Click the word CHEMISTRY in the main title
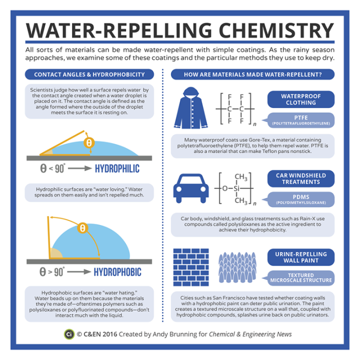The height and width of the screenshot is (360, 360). click(x=276, y=30)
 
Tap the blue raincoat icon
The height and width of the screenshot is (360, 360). click(x=191, y=107)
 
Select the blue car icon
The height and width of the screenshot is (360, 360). click(x=191, y=188)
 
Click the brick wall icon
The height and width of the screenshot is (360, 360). click(x=191, y=267)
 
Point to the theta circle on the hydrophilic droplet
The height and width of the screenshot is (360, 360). click(x=89, y=143)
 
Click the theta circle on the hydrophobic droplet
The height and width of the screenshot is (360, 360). click(x=83, y=228)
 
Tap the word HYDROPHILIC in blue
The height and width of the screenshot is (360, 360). click(x=117, y=169)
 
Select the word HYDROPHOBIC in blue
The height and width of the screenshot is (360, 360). click(x=118, y=272)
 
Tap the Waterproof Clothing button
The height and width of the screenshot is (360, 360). click(x=301, y=100)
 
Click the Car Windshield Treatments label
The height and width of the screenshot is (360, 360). click(x=301, y=179)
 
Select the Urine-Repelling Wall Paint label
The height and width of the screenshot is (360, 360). click(x=301, y=257)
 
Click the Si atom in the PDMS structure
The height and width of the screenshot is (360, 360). click(x=236, y=188)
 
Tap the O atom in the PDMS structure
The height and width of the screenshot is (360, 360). click(x=225, y=188)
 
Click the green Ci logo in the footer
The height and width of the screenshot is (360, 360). click(x=69, y=334)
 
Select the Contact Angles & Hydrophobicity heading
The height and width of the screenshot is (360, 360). click(x=89, y=74)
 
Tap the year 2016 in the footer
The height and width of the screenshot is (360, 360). click(x=110, y=334)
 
